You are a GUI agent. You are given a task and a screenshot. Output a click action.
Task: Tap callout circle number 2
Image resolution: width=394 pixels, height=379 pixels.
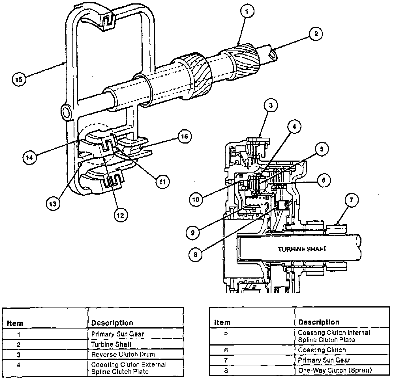coord(316,33)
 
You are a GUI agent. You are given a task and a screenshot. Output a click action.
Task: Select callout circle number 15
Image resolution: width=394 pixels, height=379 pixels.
coord(19,79)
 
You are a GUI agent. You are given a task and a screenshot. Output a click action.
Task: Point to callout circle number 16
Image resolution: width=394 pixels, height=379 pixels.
coord(184,136)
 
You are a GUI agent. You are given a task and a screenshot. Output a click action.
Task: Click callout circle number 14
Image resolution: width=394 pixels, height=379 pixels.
coord(30,158)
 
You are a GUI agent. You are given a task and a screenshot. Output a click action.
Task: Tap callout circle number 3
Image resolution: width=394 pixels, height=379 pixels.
coord(271,105)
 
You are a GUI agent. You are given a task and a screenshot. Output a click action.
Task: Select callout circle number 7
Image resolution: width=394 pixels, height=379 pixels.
coord(352,200)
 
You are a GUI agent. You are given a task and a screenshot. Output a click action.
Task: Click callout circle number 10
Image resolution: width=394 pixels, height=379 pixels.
coord(196,200)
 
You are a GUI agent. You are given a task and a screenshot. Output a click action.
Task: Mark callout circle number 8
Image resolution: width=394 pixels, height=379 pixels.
coord(195,254)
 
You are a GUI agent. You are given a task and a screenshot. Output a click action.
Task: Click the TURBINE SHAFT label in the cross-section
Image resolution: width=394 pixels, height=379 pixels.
coord(302,249)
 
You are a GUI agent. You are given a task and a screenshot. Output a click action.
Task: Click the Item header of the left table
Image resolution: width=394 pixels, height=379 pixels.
coord(15,323)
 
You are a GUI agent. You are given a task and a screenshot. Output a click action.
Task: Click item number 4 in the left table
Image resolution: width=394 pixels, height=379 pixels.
coord(18,365)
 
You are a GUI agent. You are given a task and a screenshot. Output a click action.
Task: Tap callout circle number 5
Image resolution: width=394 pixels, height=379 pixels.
coord(322,149)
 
